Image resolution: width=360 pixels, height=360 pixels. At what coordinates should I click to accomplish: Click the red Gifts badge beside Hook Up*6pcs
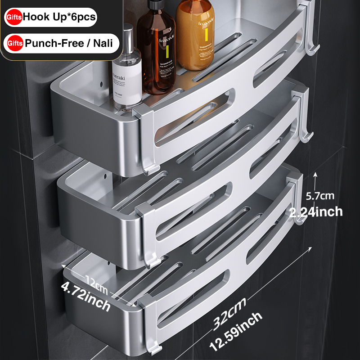tap(13, 18)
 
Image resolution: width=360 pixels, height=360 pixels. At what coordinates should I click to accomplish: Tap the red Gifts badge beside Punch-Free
tap(13, 44)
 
